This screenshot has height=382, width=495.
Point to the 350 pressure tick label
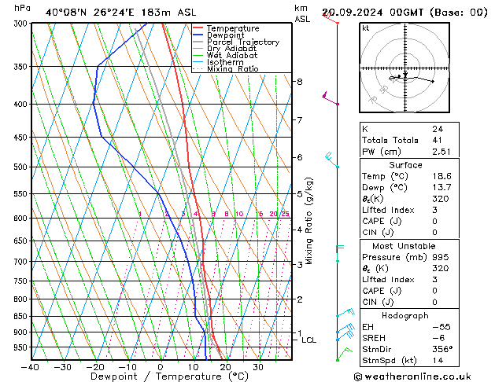[20, 67]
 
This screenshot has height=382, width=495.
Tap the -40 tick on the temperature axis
[31, 366]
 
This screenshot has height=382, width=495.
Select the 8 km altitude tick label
[299, 82]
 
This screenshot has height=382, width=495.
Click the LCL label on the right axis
[308, 340]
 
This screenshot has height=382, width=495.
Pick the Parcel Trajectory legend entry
[242, 42]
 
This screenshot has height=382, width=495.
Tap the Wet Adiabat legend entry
[232, 56]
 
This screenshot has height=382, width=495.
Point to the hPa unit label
[23, 8]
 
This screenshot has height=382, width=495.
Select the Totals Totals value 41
[437, 139]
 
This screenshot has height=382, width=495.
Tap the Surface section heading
[405, 165]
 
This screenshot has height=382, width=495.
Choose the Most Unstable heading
[405, 245]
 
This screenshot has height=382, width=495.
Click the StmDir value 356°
[442, 349]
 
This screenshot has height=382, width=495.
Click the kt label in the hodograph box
[366, 28]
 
